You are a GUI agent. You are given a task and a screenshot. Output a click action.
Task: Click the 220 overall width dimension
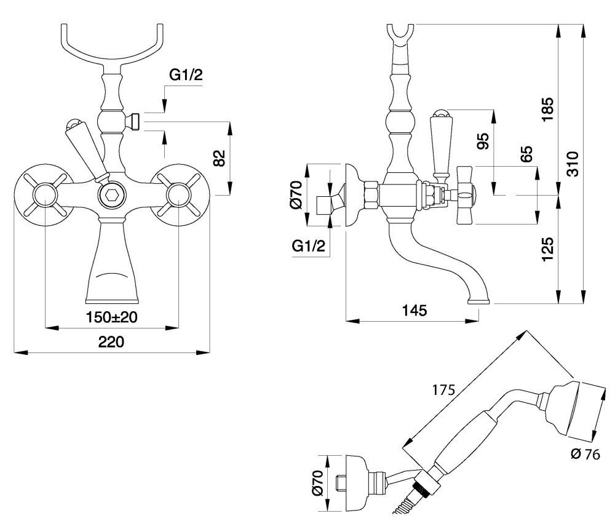tap(112, 341)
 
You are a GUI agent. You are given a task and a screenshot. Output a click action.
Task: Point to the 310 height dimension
tap(573, 164)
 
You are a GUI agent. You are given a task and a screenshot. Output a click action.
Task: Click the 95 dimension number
tap(482, 142)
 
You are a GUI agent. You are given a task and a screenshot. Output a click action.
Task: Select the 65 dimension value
tap(526, 154)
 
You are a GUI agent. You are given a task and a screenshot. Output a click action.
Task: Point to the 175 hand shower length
tap(443, 389)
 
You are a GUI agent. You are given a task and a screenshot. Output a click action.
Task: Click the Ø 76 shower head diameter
tap(585, 455)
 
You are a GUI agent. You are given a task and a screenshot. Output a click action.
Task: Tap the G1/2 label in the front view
tap(185, 76)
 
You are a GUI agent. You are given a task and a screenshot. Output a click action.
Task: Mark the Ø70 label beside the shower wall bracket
tap(317, 483)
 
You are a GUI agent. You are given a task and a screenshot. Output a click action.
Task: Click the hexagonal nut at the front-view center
tap(112, 197)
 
